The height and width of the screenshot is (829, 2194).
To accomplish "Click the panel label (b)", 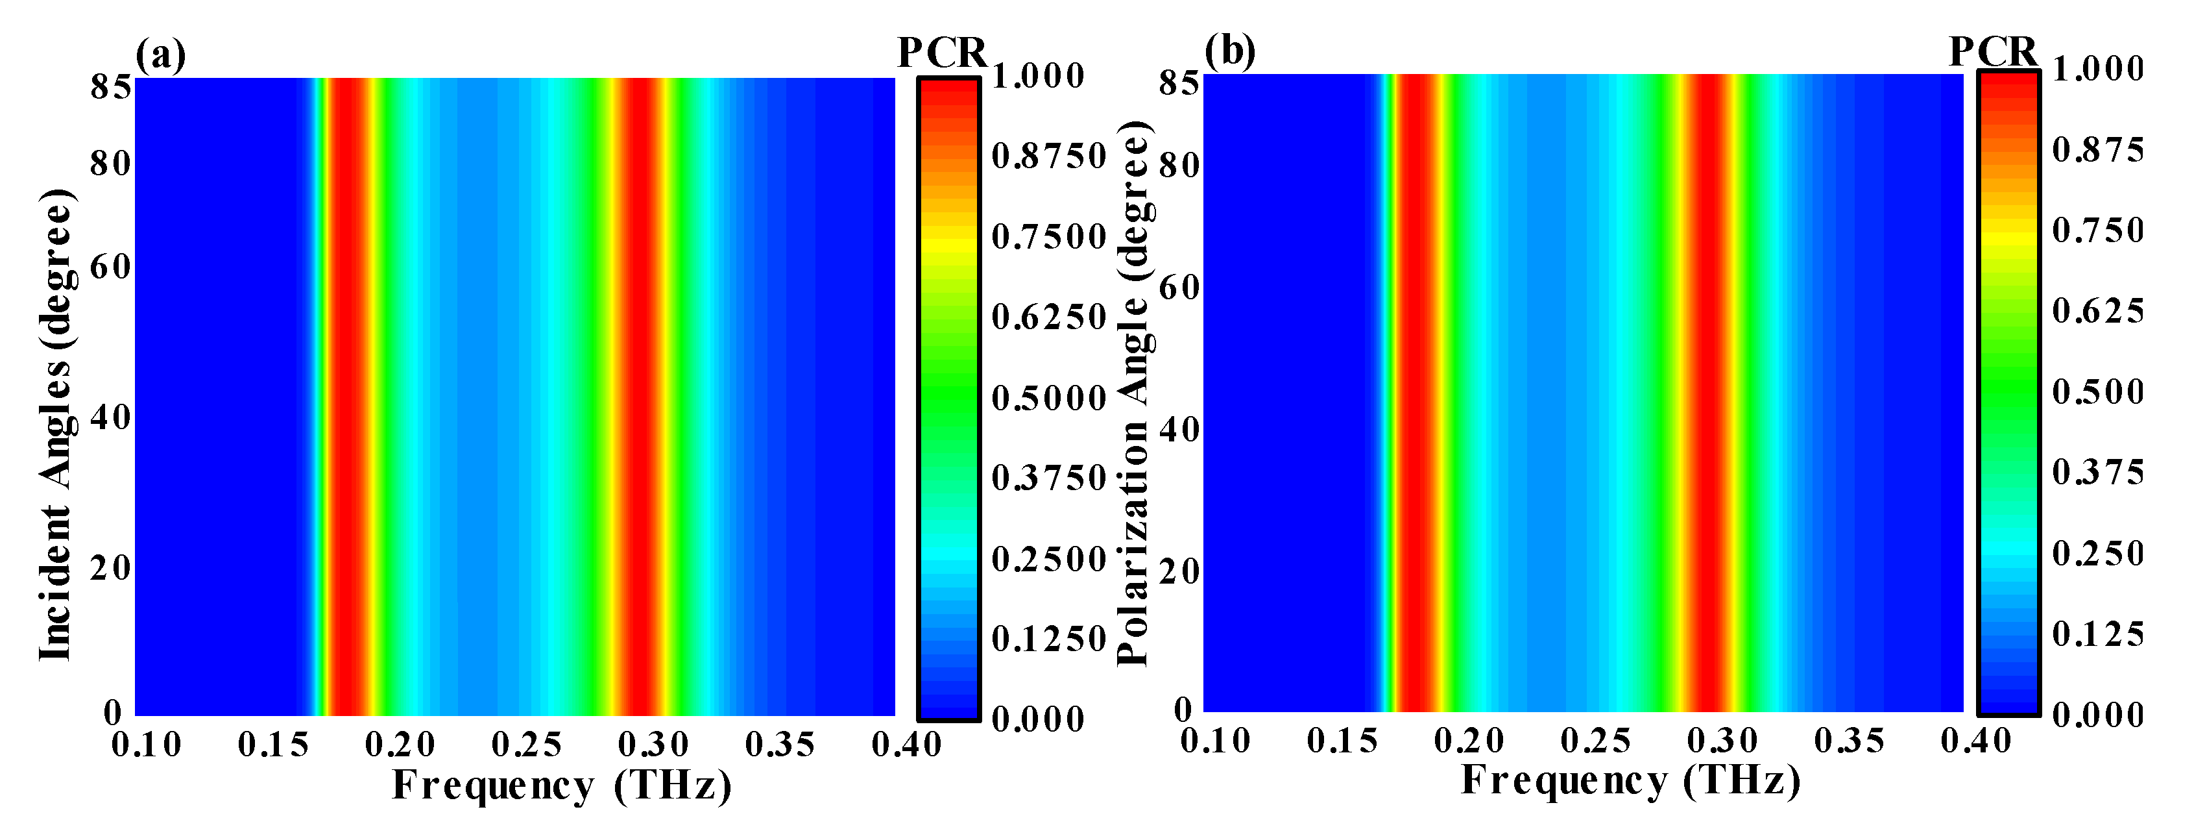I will pos(1229,52).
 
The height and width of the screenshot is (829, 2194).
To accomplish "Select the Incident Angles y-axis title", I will pos(56,425).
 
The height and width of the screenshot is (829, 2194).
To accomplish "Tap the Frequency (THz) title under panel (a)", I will pos(561,785).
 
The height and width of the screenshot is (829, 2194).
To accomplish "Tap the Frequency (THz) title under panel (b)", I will pos(1630,780).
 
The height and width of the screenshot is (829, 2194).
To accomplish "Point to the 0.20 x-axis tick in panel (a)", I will pos(400,745).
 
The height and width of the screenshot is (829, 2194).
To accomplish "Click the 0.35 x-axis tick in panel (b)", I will pos(1849,741).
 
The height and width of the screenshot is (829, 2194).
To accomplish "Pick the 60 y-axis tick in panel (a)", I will pos(110,267).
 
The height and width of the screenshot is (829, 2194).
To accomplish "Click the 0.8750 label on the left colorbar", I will pos(1048,156).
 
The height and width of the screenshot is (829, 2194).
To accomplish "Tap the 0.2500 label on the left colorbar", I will pos(1048,559).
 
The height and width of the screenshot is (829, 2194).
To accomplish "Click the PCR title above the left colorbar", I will pos(942,54).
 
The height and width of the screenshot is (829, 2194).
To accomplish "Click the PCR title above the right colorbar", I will pos(1993,52).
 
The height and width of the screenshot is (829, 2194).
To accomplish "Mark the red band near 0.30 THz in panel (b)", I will pos(1707,392).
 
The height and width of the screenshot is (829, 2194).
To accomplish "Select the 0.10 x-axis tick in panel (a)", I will pos(147,745).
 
